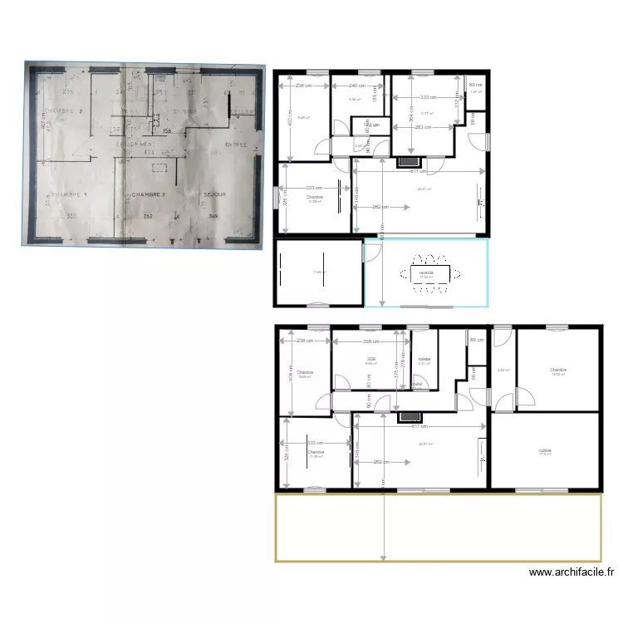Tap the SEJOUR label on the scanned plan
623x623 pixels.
point(215,195)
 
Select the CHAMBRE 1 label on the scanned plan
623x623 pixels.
point(68,195)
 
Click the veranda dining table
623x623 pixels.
point(425,274)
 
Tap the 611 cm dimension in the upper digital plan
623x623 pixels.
point(419,171)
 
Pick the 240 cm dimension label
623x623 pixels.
point(356,86)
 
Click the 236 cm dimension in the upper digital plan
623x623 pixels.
point(304,86)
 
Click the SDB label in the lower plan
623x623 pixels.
point(371,359)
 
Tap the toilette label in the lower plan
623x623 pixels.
point(424,359)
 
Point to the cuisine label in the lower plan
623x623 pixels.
point(545,450)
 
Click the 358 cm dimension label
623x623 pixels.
point(371,341)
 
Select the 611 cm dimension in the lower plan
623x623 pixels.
point(419,426)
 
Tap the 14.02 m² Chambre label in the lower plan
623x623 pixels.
point(557,370)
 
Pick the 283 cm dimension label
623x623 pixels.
point(423,127)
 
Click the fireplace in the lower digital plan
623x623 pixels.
point(409,417)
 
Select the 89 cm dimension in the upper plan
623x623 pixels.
point(475,86)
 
